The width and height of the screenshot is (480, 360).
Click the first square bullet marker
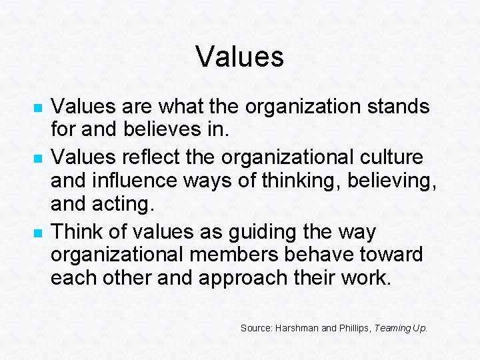[38, 107]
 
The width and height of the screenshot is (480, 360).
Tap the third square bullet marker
[38, 234]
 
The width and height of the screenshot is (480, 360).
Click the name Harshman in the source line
[293, 328]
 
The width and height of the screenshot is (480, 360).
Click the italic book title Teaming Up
[401, 328]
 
